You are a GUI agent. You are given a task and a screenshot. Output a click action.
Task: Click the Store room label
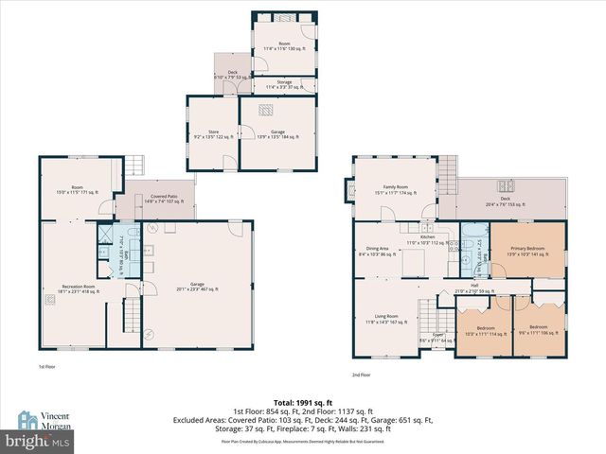pyautogui.click(x=206, y=134)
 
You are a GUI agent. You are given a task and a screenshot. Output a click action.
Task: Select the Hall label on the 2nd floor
pyautogui.click(x=474, y=288)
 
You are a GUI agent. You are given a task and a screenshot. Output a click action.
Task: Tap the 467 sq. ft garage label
pyautogui.click(x=198, y=288)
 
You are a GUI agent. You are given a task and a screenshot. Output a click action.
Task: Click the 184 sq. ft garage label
pyautogui.click(x=279, y=134)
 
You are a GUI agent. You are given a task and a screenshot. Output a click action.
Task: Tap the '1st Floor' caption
pyautogui.click(x=46, y=367)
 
